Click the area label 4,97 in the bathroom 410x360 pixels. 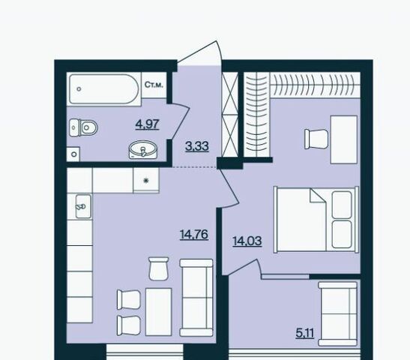tap(147, 124)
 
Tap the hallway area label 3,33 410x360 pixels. tap(197, 146)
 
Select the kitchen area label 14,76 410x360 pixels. tap(194, 234)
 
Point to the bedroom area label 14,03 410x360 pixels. tap(247, 241)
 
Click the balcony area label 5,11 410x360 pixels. tap(305, 333)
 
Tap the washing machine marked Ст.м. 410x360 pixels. tap(154, 85)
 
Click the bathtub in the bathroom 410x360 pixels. tap(103, 89)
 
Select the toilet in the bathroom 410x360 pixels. tap(83, 127)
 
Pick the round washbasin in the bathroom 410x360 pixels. tap(143, 150)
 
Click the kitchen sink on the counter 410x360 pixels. tap(83, 206)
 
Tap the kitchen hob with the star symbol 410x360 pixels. tap(146, 180)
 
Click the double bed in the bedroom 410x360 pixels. tap(316, 220)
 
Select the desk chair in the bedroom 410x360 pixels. tap(316, 139)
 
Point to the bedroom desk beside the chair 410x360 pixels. tap(344, 139)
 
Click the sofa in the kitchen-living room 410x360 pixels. tap(196, 298)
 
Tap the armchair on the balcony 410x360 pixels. tap(337, 314)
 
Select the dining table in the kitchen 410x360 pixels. tap(158, 311)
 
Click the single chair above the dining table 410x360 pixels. tap(158, 268)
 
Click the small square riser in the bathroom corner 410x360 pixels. tap(73, 154)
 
